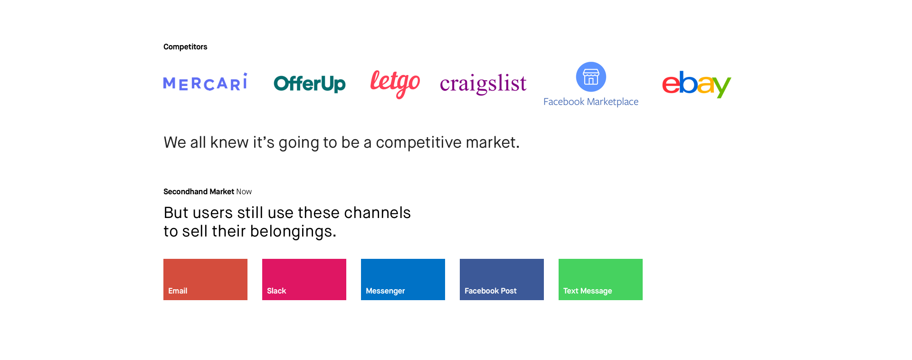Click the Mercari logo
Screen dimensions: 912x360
click(x=205, y=82)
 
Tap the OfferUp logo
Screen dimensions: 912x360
click(x=310, y=84)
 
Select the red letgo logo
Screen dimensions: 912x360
click(x=395, y=84)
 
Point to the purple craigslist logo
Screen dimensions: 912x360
click(x=483, y=84)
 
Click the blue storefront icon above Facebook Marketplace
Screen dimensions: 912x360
click(x=591, y=76)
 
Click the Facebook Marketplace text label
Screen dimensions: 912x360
click(x=591, y=102)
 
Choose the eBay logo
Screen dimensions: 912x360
click(x=696, y=84)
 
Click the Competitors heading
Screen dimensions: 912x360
click(x=185, y=47)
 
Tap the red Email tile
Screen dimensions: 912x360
click(x=205, y=279)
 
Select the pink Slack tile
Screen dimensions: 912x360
click(x=304, y=279)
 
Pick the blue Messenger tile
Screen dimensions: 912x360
click(x=403, y=279)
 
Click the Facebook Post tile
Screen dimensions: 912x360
click(x=502, y=279)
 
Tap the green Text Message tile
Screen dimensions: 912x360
click(x=600, y=279)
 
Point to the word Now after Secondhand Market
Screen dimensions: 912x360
click(x=244, y=191)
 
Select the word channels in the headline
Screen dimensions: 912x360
click(x=377, y=213)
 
